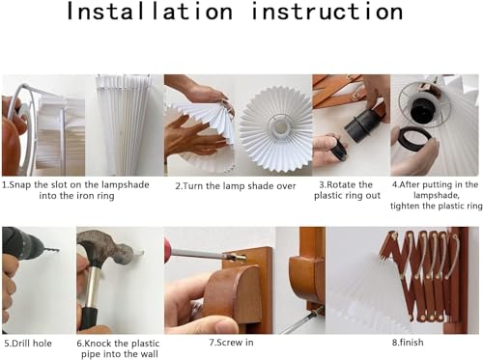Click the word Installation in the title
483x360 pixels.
(150, 12)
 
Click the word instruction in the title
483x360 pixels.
(327, 12)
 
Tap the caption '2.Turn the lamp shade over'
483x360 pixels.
(236, 186)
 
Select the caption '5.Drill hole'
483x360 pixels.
(28, 344)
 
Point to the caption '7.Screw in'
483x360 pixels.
(231, 343)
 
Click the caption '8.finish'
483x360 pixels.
(408, 343)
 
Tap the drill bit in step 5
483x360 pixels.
(50, 249)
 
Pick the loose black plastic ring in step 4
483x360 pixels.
(414, 139)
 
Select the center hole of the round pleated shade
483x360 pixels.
(281, 126)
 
